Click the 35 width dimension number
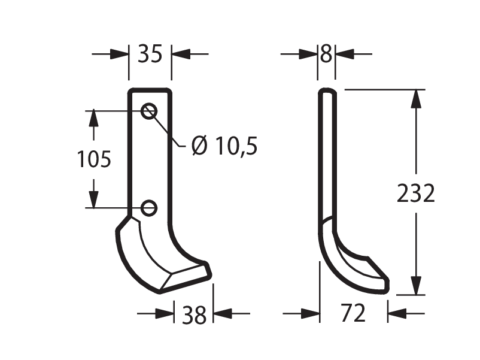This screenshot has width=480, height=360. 150,54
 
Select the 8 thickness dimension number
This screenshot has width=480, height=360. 326,54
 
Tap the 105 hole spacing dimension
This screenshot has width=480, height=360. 94,159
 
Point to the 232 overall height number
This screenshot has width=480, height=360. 416,193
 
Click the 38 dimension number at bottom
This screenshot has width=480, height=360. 194,315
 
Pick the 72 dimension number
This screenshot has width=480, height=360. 353,313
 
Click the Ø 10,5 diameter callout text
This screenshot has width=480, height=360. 224,146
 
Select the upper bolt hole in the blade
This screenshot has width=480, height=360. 149,111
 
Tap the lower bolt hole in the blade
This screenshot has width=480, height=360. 149,208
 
